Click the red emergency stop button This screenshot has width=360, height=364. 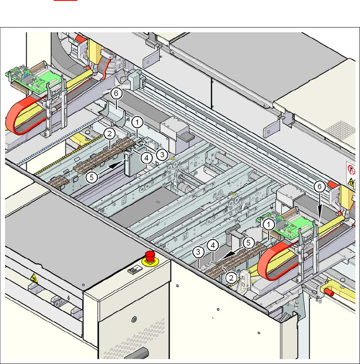149,256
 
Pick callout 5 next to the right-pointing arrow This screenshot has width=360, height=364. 91,177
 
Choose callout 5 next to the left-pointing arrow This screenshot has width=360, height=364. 249,243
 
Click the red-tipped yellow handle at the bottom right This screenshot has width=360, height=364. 332,292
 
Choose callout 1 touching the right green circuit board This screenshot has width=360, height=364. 267,224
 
